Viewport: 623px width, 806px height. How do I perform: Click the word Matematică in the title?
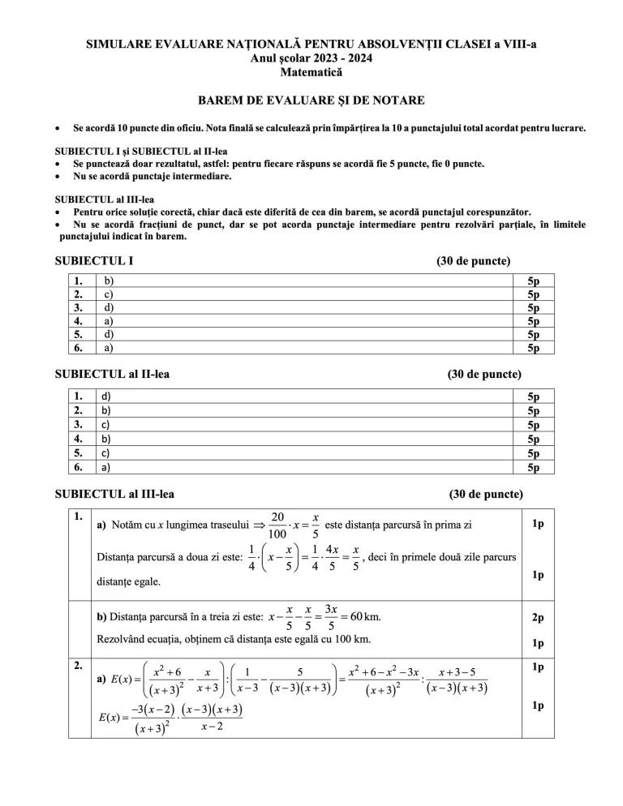pyautogui.click(x=311, y=72)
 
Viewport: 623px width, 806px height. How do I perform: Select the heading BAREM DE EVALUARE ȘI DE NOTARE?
pyautogui.click(x=311, y=101)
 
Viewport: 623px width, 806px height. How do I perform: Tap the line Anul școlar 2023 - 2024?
pyautogui.click(x=311, y=58)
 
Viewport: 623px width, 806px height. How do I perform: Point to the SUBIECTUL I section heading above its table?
pyautogui.click(x=93, y=261)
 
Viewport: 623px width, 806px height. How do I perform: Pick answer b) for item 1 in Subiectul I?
pyautogui.click(x=108, y=281)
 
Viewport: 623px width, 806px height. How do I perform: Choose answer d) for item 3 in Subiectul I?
pyautogui.click(x=108, y=308)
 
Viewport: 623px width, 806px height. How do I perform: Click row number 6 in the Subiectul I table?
pyautogui.click(x=79, y=348)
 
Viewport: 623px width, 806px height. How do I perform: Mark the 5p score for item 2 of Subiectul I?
pyautogui.click(x=533, y=294)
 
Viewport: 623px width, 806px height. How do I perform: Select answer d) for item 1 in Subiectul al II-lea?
pyautogui.click(x=105, y=397)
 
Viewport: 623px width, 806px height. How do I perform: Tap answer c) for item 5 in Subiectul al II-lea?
pyautogui.click(x=105, y=452)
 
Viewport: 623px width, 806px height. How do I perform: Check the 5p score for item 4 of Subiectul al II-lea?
pyautogui.click(x=533, y=439)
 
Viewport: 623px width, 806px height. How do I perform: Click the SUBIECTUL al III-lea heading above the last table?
pyautogui.click(x=114, y=494)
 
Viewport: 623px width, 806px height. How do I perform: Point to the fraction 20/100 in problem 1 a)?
pyautogui.click(x=277, y=525)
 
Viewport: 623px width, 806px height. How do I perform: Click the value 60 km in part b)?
pyautogui.click(x=364, y=616)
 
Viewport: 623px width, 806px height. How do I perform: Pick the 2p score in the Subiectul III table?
pyautogui.click(x=538, y=618)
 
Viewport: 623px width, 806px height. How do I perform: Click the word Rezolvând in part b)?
pyautogui.click(x=123, y=639)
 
